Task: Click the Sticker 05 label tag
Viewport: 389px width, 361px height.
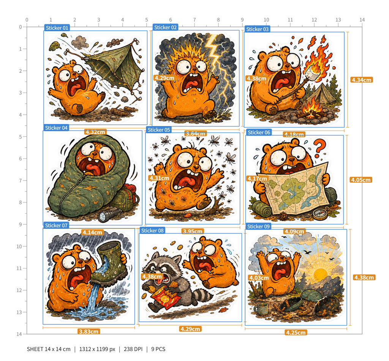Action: pos(158,130)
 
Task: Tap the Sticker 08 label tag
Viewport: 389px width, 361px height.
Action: pos(152,230)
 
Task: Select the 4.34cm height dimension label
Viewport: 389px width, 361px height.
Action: pos(362,80)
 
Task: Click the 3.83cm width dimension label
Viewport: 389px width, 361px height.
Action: pos(89,331)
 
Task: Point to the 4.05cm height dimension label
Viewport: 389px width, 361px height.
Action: pos(361,180)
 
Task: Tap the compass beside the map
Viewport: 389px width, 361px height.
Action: pos(320,214)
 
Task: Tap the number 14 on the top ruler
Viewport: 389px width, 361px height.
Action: pos(362,20)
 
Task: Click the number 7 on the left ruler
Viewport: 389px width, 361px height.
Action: pos(21,180)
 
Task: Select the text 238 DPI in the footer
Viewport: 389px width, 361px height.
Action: pos(133,349)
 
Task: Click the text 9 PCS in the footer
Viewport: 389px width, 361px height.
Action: pos(158,349)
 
